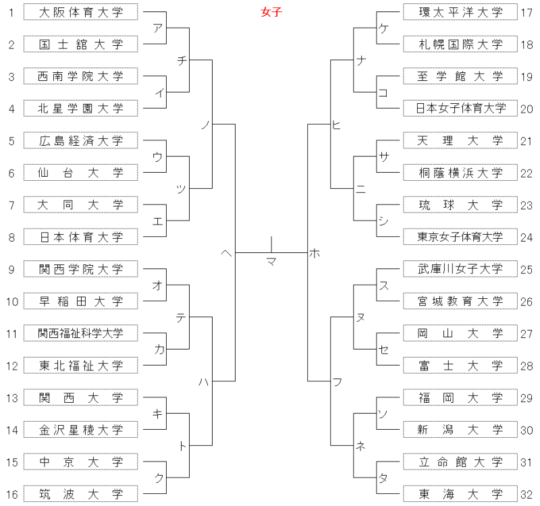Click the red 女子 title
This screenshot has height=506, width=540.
point(271,12)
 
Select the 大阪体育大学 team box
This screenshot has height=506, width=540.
point(80,12)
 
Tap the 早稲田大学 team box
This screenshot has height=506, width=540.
point(80,301)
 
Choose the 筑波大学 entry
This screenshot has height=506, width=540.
point(80,494)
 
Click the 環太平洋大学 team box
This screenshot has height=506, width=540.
point(460,12)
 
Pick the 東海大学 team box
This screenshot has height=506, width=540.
point(460,494)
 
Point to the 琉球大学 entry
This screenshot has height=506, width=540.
point(460,205)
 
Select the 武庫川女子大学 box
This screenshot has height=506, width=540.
point(460,269)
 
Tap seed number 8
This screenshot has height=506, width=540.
point(11,237)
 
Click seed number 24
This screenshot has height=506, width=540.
point(526,237)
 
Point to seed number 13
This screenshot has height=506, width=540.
point(11,398)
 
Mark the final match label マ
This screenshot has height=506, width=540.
point(271,262)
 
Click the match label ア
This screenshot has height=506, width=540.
point(157,28)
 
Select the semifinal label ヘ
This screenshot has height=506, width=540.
point(226,254)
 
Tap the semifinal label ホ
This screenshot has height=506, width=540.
point(315,254)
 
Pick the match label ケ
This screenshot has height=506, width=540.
point(383,28)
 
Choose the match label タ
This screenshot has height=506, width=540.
point(383,478)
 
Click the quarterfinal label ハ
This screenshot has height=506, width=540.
point(204,382)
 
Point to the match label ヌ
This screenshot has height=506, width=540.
point(360,317)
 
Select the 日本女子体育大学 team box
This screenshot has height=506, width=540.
point(460,109)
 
